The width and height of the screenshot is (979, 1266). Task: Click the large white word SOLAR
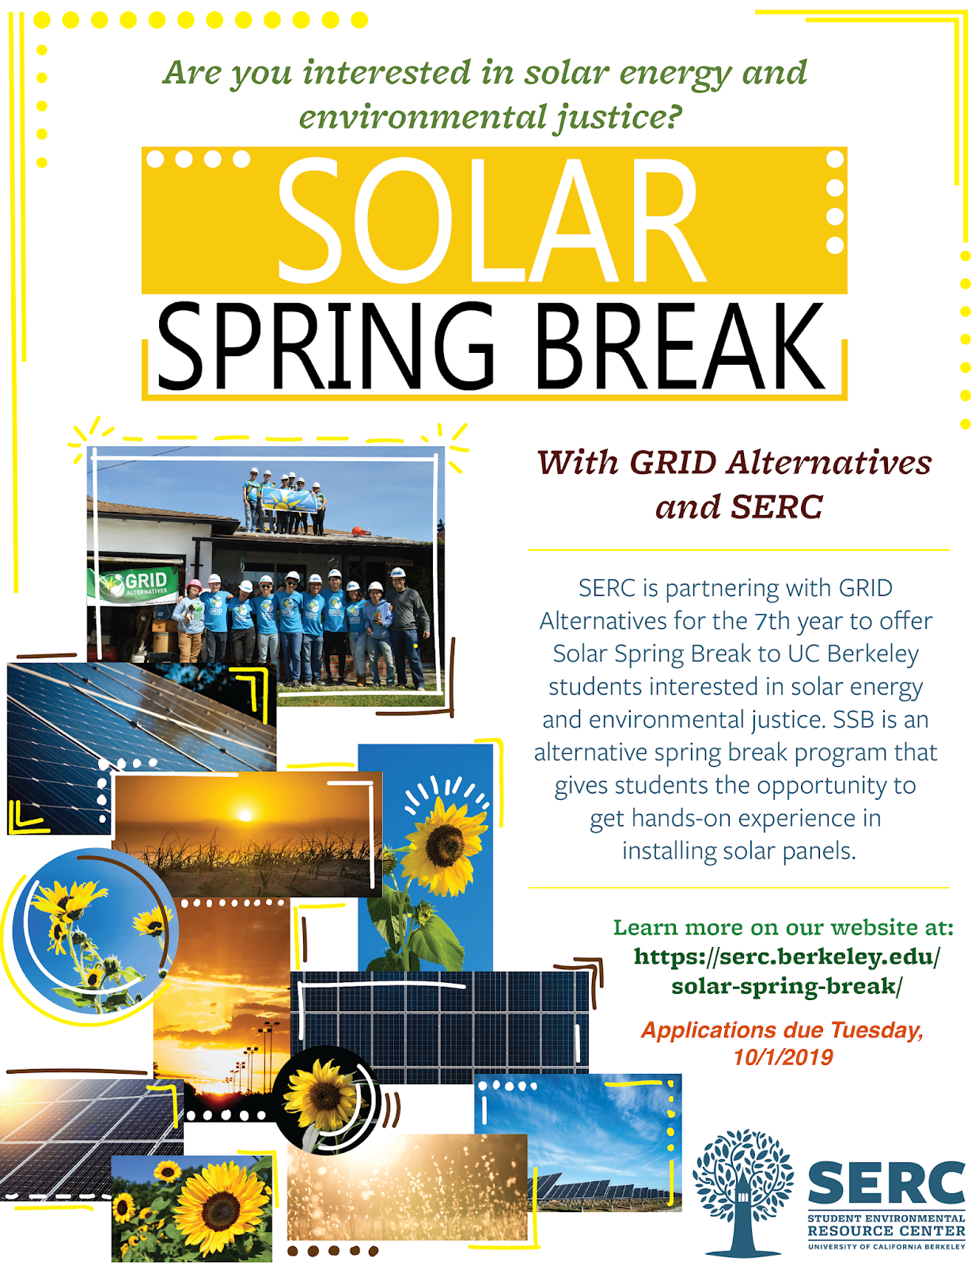[x=491, y=220]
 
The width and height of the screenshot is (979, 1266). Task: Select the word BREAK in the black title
[x=680, y=346]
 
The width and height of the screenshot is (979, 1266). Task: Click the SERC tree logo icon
[x=743, y=1192]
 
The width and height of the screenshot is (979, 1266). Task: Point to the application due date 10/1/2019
[x=783, y=1057]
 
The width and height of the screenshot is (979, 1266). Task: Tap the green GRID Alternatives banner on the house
[x=134, y=585]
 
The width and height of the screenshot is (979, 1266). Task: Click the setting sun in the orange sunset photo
[x=245, y=814]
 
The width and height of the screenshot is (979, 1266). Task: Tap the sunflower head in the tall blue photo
[x=445, y=846]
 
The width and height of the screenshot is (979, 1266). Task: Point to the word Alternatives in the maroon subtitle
[x=829, y=463]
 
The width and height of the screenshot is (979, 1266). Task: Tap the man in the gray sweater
[x=408, y=628]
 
